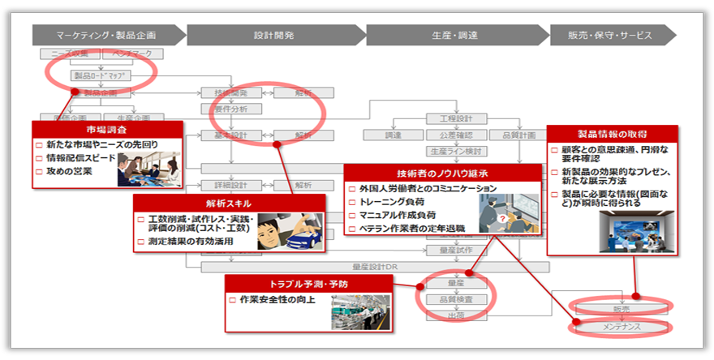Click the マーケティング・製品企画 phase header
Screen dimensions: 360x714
(x=106, y=35)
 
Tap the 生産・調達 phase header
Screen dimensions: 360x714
(x=454, y=35)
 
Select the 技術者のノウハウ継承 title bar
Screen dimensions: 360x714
(x=442, y=172)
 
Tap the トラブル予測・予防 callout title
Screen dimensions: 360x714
(x=308, y=283)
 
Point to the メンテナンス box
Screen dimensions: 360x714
(x=621, y=327)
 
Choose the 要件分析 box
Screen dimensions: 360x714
(x=230, y=109)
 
